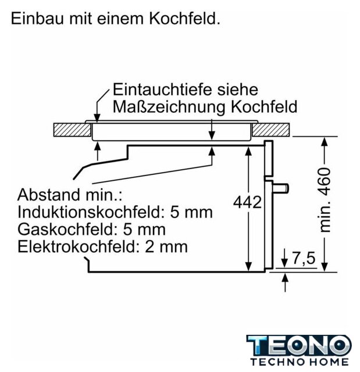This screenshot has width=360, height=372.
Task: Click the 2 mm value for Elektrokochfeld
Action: pos(166,246)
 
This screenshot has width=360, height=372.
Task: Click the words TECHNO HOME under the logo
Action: pos(298,363)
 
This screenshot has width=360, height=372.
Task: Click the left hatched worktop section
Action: pos(69,130)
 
